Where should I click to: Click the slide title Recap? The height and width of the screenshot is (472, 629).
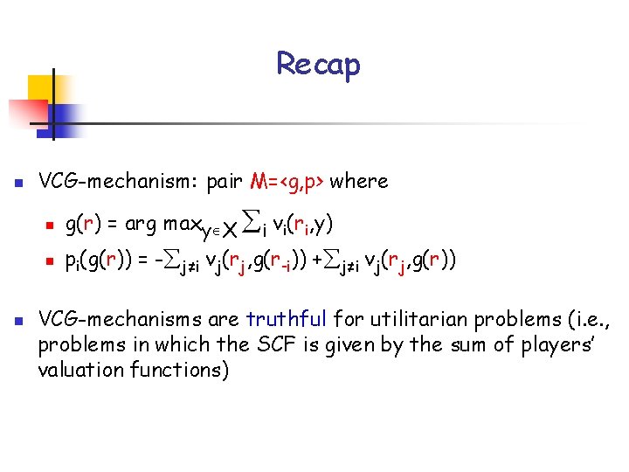click(x=318, y=64)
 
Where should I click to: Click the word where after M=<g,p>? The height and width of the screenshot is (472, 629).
click(x=359, y=182)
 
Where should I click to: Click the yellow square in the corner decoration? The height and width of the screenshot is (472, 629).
click(x=39, y=87)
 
